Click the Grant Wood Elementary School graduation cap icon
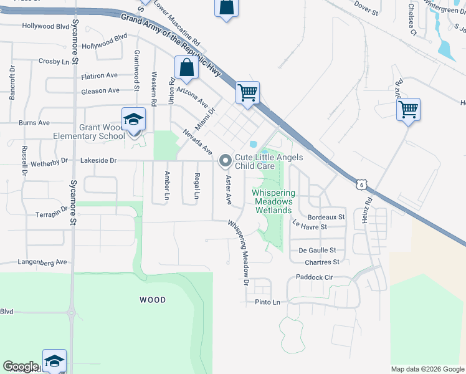[x=134, y=119]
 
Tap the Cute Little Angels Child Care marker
[x=225, y=161]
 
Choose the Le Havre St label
[x=309, y=227]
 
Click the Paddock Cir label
[x=315, y=277]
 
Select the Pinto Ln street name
[x=268, y=302]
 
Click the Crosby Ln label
[x=54, y=62]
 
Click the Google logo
[x=21, y=366]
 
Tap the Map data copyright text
[x=427, y=369]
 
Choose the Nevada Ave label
[x=197, y=142]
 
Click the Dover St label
[x=366, y=9]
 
